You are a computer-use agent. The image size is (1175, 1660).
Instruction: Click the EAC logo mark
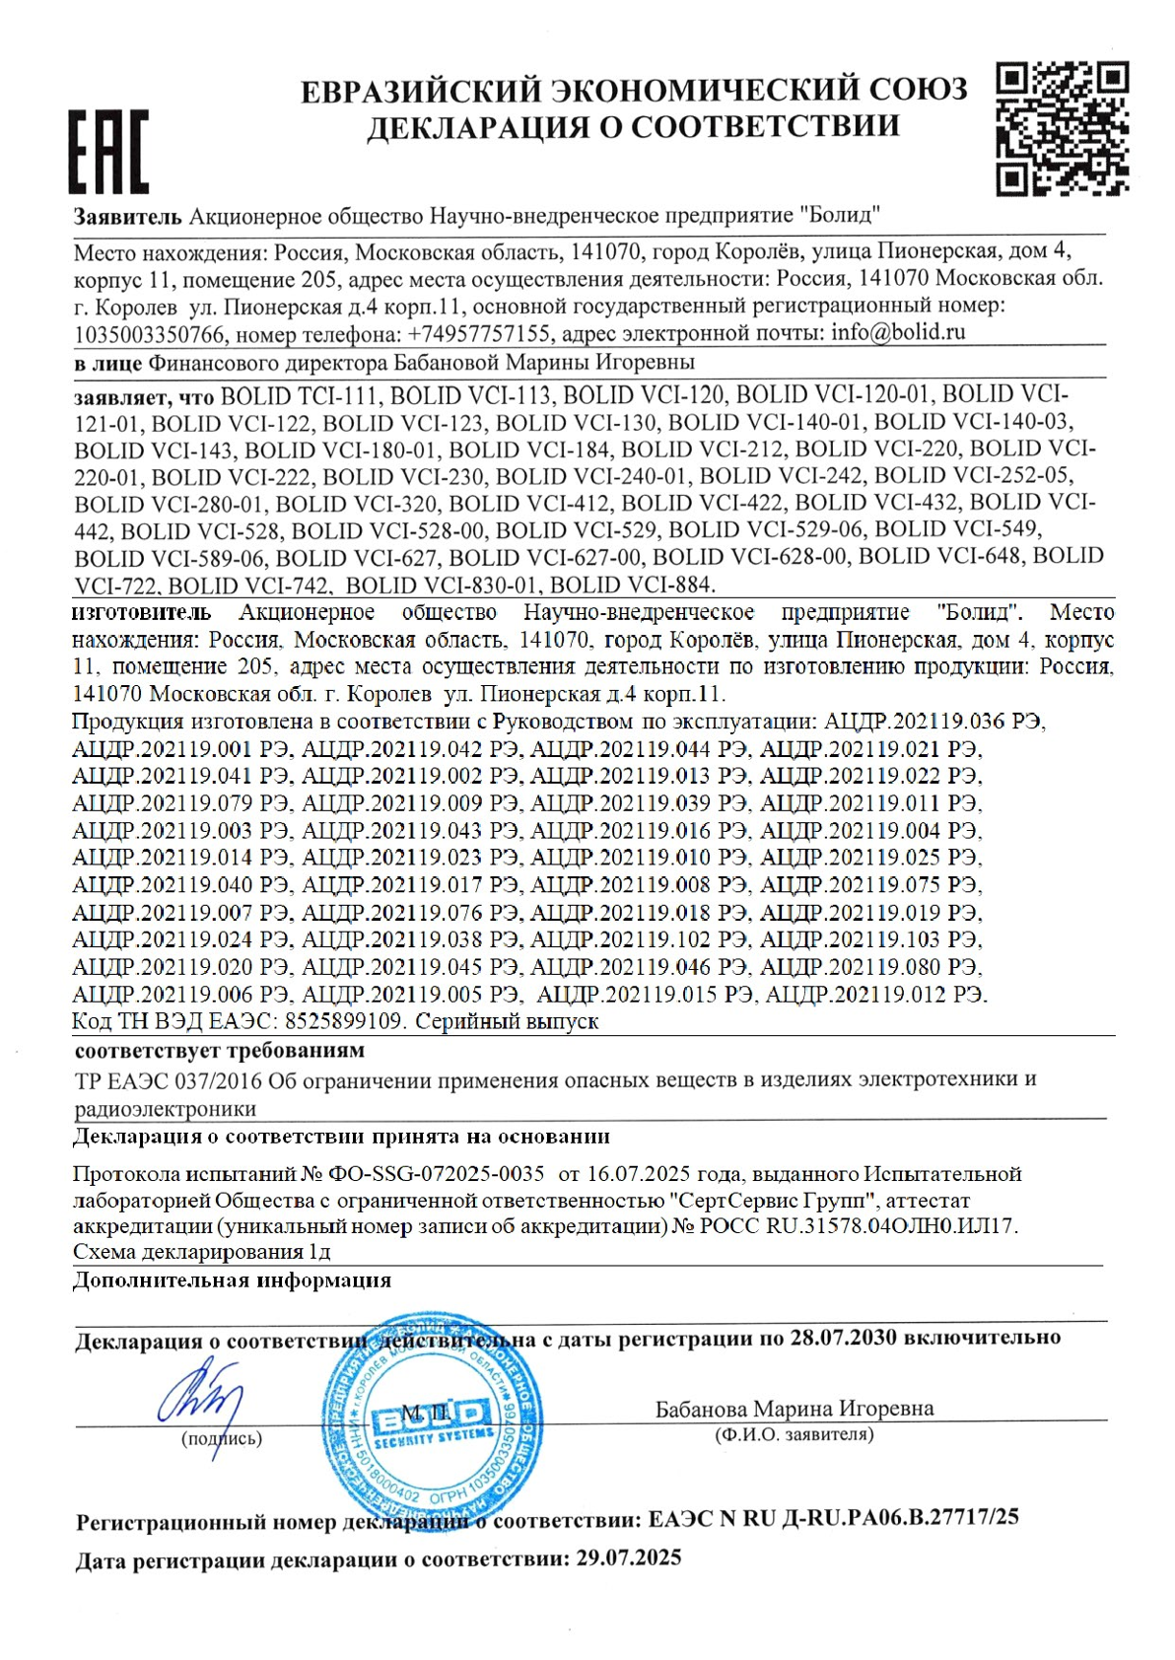[108, 151]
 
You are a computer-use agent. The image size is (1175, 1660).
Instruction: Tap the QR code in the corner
[1062, 128]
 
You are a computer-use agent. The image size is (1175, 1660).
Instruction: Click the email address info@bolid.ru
[898, 332]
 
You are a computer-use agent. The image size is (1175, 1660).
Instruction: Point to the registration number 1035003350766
[150, 334]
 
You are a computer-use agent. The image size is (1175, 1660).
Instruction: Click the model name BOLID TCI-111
[300, 395]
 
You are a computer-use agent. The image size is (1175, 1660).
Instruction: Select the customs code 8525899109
[343, 1021]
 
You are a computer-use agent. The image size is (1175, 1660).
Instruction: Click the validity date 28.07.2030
[843, 1338]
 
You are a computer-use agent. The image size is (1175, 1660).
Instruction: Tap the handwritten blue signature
[202, 1393]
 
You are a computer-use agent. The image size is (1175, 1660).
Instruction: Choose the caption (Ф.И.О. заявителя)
[794, 1434]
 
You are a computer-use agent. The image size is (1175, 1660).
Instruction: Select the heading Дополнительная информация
[233, 1280]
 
